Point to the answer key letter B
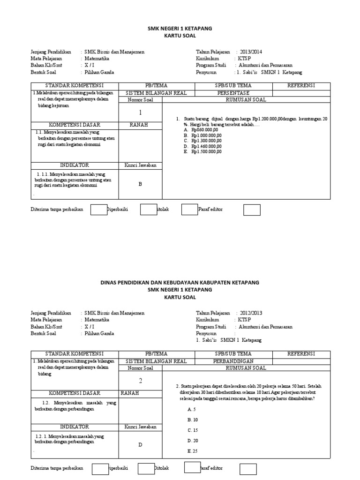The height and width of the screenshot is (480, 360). coord(140,184)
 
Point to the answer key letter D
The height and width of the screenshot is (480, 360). coord(140,445)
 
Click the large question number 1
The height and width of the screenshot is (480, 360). coord(140,113)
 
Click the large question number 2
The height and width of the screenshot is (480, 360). coord(140,381)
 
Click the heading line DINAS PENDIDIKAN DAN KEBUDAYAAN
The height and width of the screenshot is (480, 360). coord(180,283)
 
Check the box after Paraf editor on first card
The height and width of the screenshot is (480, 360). coord(252,210)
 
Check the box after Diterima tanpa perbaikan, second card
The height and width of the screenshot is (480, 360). coord(100,469)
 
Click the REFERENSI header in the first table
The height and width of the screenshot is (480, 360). coord(301,85)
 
